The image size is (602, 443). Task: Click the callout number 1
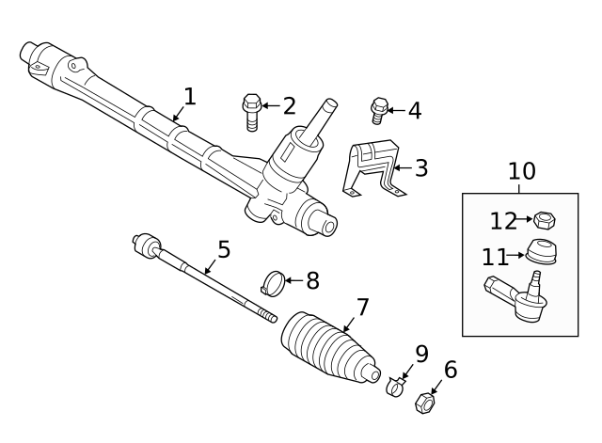click(x=190, y=96)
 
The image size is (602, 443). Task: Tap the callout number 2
click(x=289, y=106)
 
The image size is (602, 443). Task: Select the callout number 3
click(x=420, y=168)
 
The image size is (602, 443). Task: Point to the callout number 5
click(x=224, y=249)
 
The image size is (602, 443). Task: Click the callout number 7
click(x=363, y=308)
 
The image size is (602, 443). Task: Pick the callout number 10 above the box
click(x=521, y=171)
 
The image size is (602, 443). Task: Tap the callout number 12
click(x=503, y=221)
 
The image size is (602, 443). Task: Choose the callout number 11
click(x=495, y=256)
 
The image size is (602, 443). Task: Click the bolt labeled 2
click(x=252, y=111)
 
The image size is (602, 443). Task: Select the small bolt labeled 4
click(x=380, y=111)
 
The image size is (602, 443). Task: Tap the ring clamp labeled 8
click(x=273, y=280)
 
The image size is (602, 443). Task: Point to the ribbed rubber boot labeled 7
click(x=330, y=347)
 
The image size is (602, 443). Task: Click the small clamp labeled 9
click(x=396, y=385)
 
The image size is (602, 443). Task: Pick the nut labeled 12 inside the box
click(x=543, y=222)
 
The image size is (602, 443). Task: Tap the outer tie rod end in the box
click(x=515, y=299)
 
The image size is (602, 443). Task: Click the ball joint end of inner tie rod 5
click(x=145, y=245)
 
